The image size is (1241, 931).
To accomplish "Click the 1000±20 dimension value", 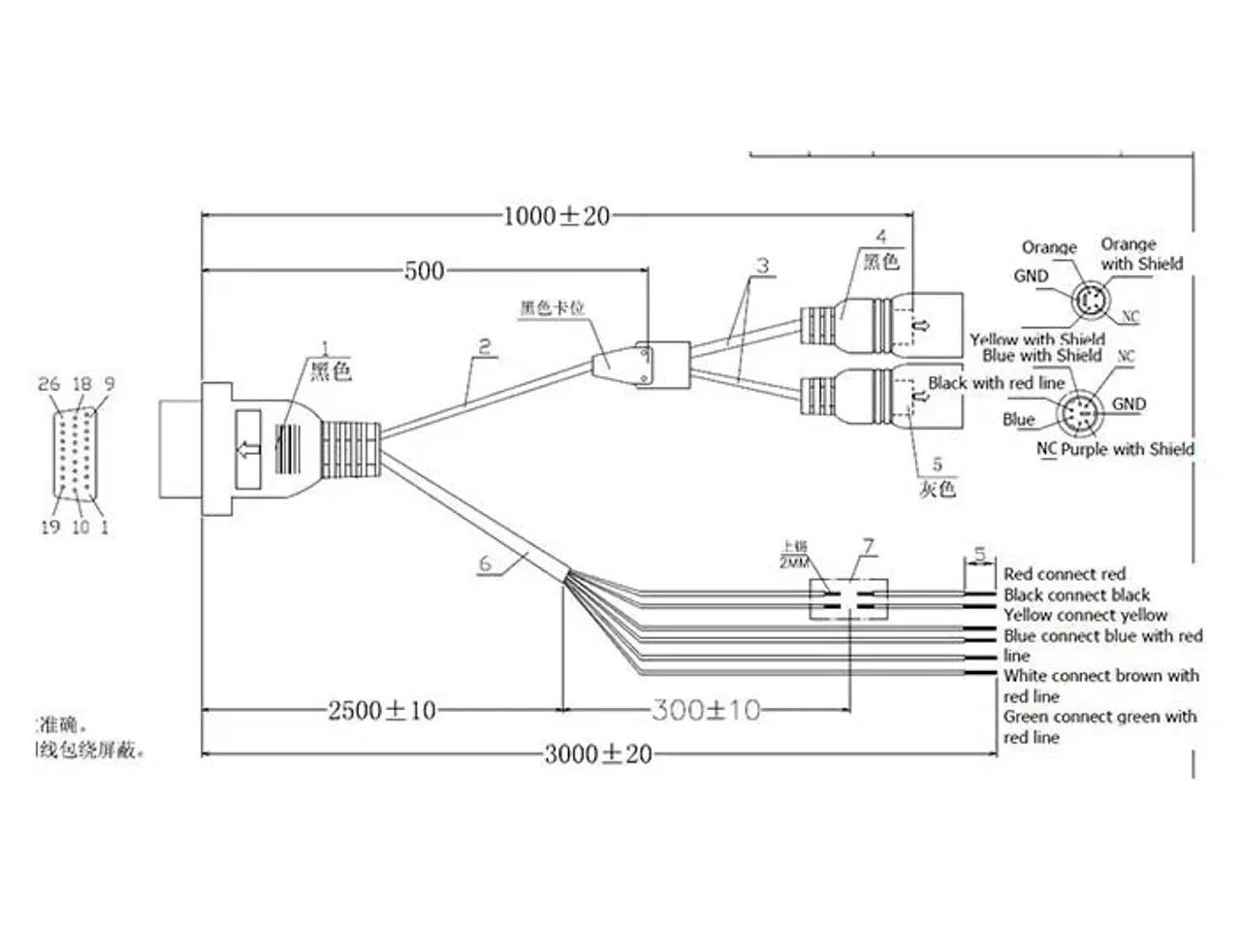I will click(557, 215).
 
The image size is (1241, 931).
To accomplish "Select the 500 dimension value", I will click(424, 271).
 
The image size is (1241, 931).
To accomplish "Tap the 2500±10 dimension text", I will click(382, 711).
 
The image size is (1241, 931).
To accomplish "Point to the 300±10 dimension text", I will click(706, 711).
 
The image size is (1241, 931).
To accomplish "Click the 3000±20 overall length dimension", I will click(597, 754).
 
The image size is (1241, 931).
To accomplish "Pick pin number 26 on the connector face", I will click(48, 384).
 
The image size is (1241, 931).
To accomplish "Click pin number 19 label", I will click(50, 527).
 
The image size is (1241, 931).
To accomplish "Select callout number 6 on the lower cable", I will click(486, 563).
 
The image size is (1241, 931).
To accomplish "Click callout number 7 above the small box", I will click(869, 547).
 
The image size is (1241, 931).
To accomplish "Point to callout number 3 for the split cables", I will click(763, 265).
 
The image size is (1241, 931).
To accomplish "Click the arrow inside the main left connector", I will click(249, 448).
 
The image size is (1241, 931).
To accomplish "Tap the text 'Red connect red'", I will click(1065, 574).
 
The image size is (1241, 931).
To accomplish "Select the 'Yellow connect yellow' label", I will click(1085, 615).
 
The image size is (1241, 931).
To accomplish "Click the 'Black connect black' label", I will click(1076, 594).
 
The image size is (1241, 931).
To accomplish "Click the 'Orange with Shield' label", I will click(1141, 254).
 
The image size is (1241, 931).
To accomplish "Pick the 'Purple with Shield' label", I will click(1128, 449).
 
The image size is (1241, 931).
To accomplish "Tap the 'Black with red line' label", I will click(996, 383).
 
